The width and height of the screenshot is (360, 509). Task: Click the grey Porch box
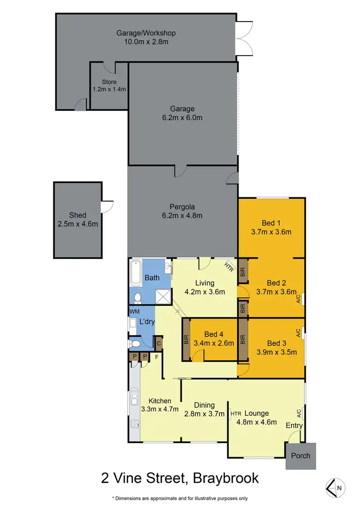(301, 456)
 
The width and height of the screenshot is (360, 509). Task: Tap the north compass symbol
(335, 487)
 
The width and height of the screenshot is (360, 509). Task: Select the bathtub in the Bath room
(135, 273)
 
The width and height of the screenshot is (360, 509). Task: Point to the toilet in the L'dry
(136, 344)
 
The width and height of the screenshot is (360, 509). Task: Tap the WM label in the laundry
(134, 312)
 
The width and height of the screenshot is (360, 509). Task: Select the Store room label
(108, 82)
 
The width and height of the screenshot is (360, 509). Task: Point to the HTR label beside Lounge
(236, 413)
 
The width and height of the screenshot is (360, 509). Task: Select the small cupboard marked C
(158, 343)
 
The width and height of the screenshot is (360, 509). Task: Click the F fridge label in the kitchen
(156, 357)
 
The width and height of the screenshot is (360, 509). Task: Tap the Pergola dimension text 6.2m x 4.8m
(182, 216)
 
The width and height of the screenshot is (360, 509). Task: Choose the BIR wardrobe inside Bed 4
(186, 340)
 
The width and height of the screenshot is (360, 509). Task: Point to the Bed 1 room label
(271, 223)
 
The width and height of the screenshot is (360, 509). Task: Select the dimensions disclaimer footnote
(180, 498)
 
